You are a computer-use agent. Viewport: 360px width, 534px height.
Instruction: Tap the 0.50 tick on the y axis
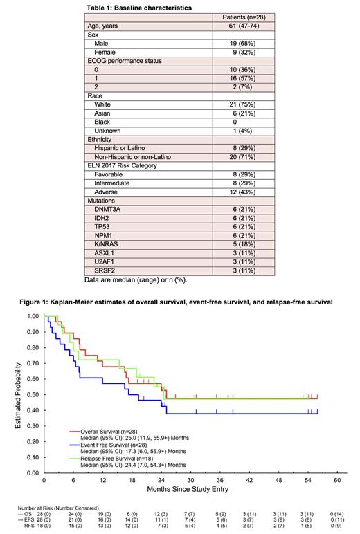[x=34, y=395]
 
